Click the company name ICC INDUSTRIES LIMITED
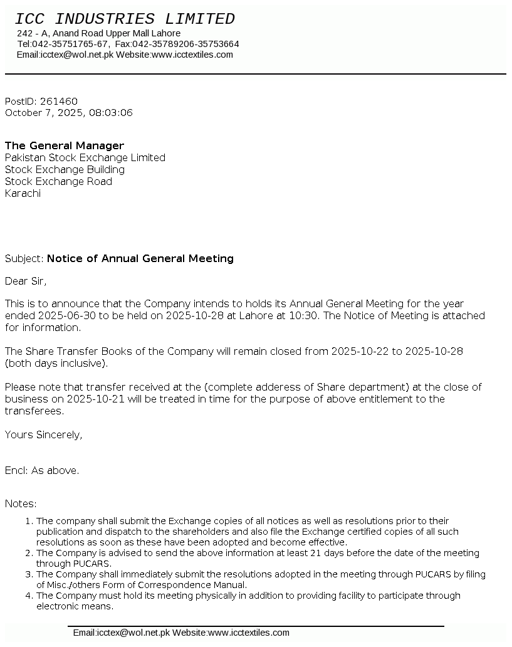click(x=125, y=19)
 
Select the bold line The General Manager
click(x=65, y=145)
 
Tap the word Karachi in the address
click(x=23, y=193)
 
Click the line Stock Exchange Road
click(x=58, y=181)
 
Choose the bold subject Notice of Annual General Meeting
click(x=140, y=258)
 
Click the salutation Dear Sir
click(x=26, y=281)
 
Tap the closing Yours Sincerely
click(x=43, y=434)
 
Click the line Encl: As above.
click(x=42, y=470)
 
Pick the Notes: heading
click(x=21, y=503)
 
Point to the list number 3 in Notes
click(x=29, y=574)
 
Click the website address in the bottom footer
click(x=249, y=633)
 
